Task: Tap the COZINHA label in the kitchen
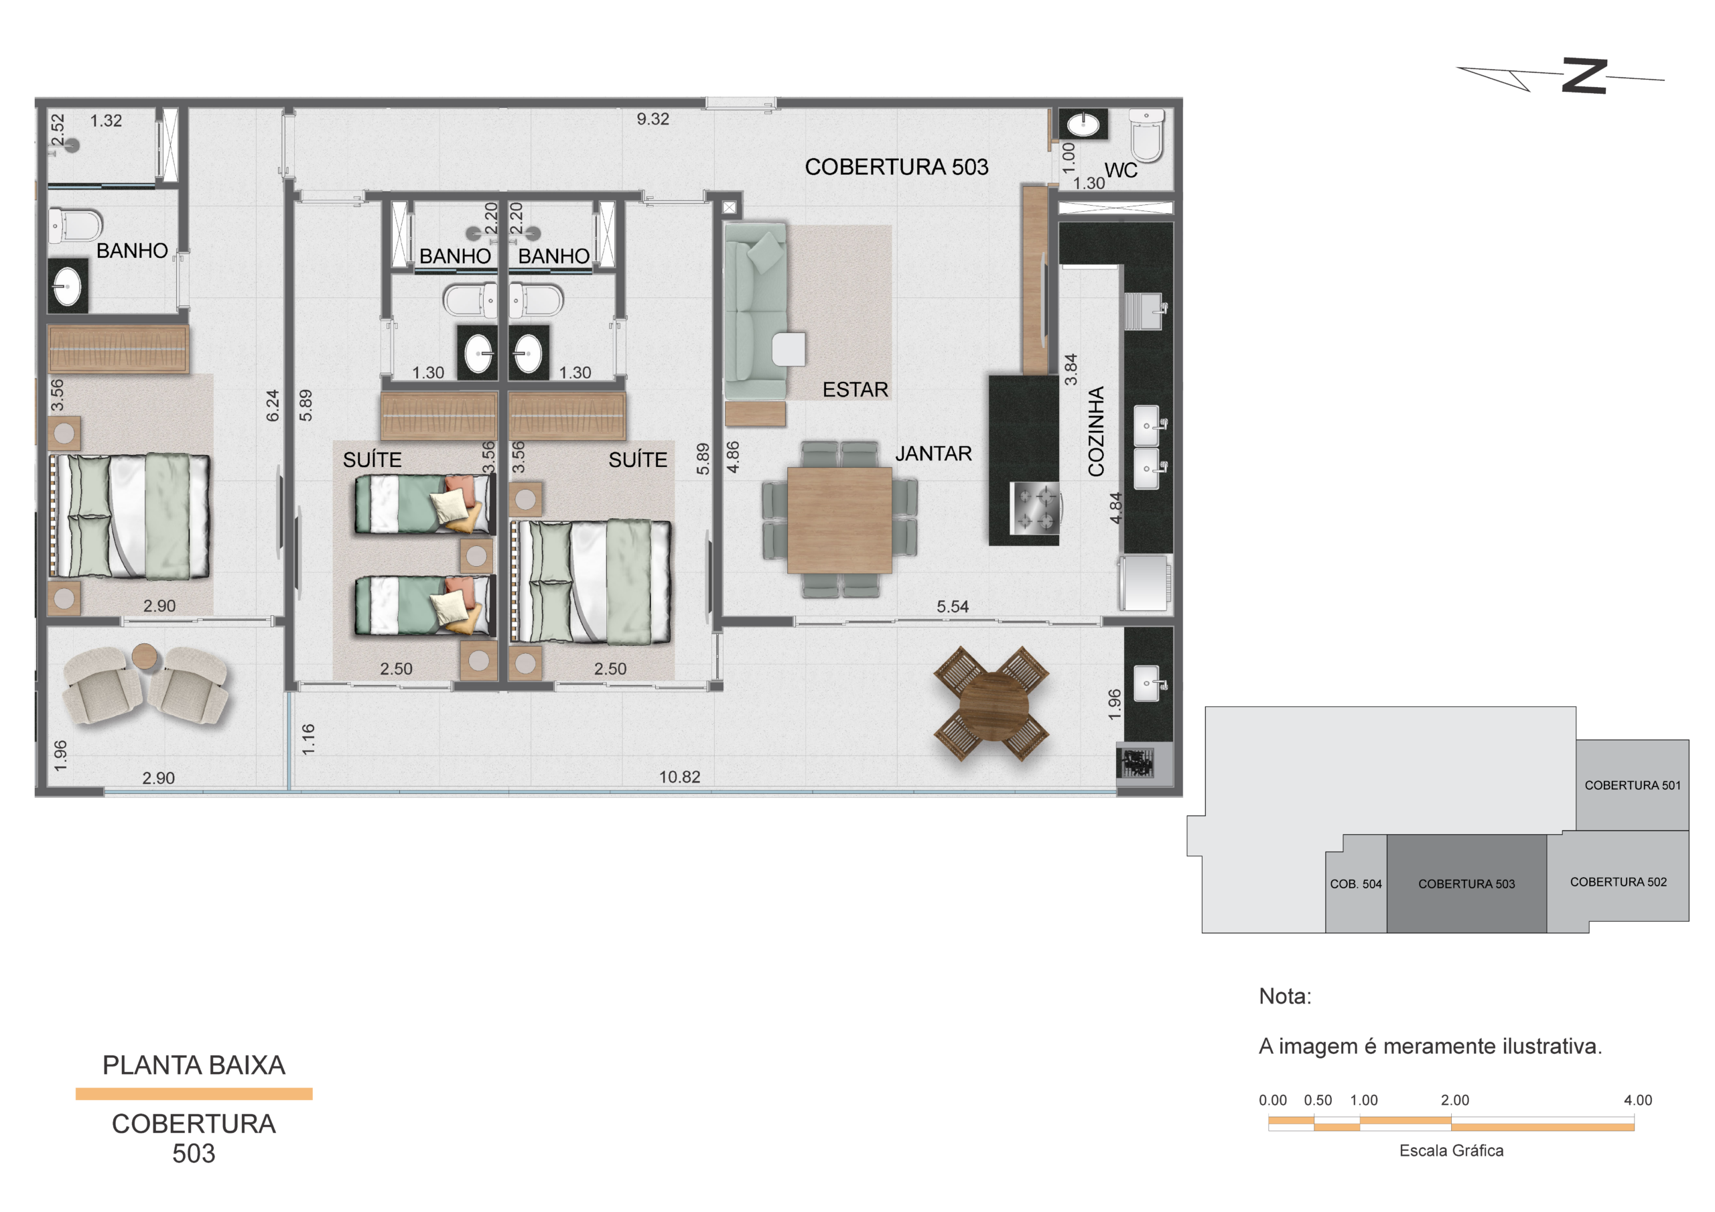pyautogui.click(x=1096, y=431)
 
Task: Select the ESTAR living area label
pyautogui.click(x=855, y=389)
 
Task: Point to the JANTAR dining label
pyautogui.click(x=934, y=454)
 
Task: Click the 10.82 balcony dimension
pyautogui.click(x=680, y=777)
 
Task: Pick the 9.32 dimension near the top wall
pyautogui.click(x=653, y=119)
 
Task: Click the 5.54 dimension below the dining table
pyautogui.click(x=953, y=607)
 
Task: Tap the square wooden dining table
pyautogui.click(x=839, y=520)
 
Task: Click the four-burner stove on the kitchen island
pyautogui.click(x=1034, y=508)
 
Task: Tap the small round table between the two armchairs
pyautogui.click(x=145, y=657)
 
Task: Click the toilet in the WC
pyautogui.click(x=1146, y=135)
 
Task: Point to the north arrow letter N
pyautogui.click(x=1584, y=76)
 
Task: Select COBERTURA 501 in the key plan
pyautogui.click(x=1633, y=785)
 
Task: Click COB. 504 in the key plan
pyautogui.click(x=1356, y=884)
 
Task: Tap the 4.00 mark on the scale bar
pyautogui.click(x=1638, y=1100)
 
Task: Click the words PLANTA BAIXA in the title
pyautogui.click(x=194, y=1065)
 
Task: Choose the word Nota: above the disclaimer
pyautogui.click(x=1285, y=996)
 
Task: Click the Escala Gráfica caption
pyautogui.click(x=1451, y=1151)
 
